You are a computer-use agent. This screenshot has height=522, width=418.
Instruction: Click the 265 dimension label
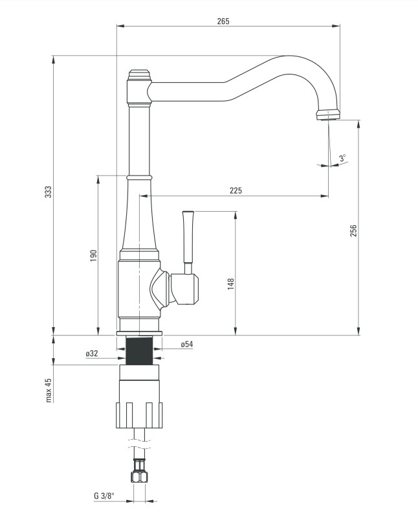(223, 21)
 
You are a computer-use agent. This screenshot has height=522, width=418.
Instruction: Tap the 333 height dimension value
(48, 192)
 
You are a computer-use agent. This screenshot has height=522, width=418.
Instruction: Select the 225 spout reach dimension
(236, 190)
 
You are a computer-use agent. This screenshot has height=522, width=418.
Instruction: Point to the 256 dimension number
(353, 231)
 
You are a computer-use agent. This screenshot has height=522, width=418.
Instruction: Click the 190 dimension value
(93, 255)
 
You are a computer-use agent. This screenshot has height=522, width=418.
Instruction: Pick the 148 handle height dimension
(230, 283)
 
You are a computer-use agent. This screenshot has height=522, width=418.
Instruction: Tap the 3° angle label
(342, 157)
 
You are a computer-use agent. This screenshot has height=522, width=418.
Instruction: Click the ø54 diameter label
(187, 345)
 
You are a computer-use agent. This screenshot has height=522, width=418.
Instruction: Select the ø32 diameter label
(91, 354)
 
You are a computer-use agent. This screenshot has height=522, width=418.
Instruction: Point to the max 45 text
(49, 391)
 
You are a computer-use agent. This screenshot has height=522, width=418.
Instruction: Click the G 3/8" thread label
(104, 497)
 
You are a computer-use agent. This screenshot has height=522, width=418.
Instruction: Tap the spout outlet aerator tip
(328, 116)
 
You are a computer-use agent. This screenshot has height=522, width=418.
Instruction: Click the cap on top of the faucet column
(139, 74)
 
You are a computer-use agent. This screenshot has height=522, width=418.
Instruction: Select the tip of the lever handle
(188, 213)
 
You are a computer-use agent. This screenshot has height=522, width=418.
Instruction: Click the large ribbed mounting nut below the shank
(138, 414)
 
